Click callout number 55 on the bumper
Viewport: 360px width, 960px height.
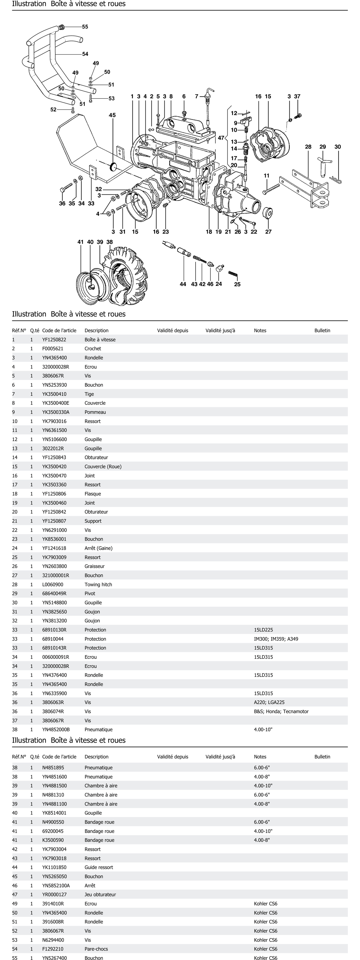pyautogui.click(x=85, y=27)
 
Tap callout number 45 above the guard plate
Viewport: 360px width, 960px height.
pyautogui.click(x=112, y=115)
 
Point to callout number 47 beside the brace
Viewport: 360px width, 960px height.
pyautogui.click(x=221, y=138)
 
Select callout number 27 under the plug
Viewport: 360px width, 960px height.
pyautogui.click(x=268, y=232)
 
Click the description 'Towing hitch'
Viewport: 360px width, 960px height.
pyautogui.click(x=98, y=584)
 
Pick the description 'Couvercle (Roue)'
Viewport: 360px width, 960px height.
pyautogui.click(x=103, y=467)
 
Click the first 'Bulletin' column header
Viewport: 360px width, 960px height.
pyautogui.click(x=322, y=331)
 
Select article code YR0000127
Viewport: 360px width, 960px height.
pyautogui.click(x=54, y=894)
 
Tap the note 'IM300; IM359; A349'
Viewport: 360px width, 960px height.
pyautogui.click(x=276, y=639)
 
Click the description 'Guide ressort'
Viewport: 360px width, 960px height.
pyautogui.click(x=98, y=867)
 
